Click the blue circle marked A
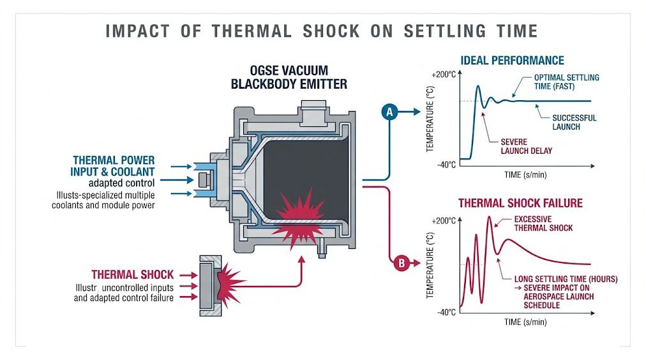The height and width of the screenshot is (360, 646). tap(389, 112)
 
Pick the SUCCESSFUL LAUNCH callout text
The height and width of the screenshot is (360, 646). tap(574, 122)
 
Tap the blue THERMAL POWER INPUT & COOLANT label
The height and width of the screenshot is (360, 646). tap(114, 165)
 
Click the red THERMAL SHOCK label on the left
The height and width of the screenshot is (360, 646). tap(132, 274)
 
